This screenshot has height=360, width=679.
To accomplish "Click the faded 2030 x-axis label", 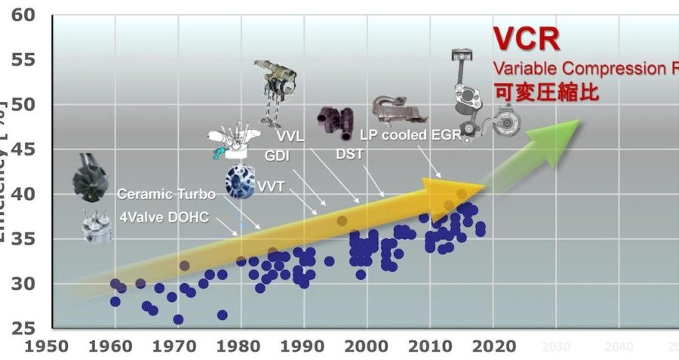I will pos(556,348).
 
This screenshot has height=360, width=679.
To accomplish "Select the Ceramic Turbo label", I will pos(166,194).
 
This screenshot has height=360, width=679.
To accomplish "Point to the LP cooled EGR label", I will pos(408,136).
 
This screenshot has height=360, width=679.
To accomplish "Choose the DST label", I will pos(350,155).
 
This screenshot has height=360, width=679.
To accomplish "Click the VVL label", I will pos(290,137).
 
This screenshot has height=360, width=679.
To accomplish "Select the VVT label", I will pos(271,186).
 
